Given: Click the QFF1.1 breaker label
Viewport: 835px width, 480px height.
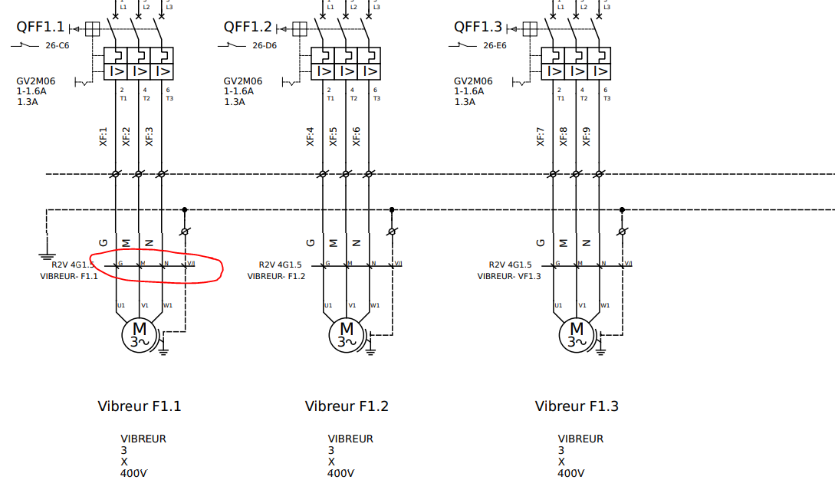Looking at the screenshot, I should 41,28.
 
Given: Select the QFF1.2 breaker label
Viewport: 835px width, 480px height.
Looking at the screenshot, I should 248,28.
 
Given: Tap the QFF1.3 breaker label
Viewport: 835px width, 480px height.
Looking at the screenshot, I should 478,28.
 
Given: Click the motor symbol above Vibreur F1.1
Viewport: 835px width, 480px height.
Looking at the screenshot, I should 139,334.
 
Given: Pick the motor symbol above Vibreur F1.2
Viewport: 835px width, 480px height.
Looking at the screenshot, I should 346,334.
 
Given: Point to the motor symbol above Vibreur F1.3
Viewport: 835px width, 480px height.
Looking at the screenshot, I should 576,334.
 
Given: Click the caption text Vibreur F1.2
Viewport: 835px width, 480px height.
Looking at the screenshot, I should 347,406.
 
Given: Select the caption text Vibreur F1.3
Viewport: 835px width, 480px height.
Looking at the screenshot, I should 577,406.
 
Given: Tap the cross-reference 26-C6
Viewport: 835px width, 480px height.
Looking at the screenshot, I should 58,45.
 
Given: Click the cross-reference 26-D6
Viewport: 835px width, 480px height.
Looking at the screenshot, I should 265,45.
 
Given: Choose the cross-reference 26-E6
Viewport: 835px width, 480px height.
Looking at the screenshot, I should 495,45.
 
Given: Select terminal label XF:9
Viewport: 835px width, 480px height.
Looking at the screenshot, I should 587,136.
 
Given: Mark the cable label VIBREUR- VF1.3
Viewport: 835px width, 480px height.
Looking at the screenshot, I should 509,276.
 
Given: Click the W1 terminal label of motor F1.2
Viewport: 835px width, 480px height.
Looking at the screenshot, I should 375,305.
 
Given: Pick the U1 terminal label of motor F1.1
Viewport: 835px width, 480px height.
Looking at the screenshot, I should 121,305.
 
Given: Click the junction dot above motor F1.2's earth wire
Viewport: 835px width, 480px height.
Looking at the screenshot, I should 392,209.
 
